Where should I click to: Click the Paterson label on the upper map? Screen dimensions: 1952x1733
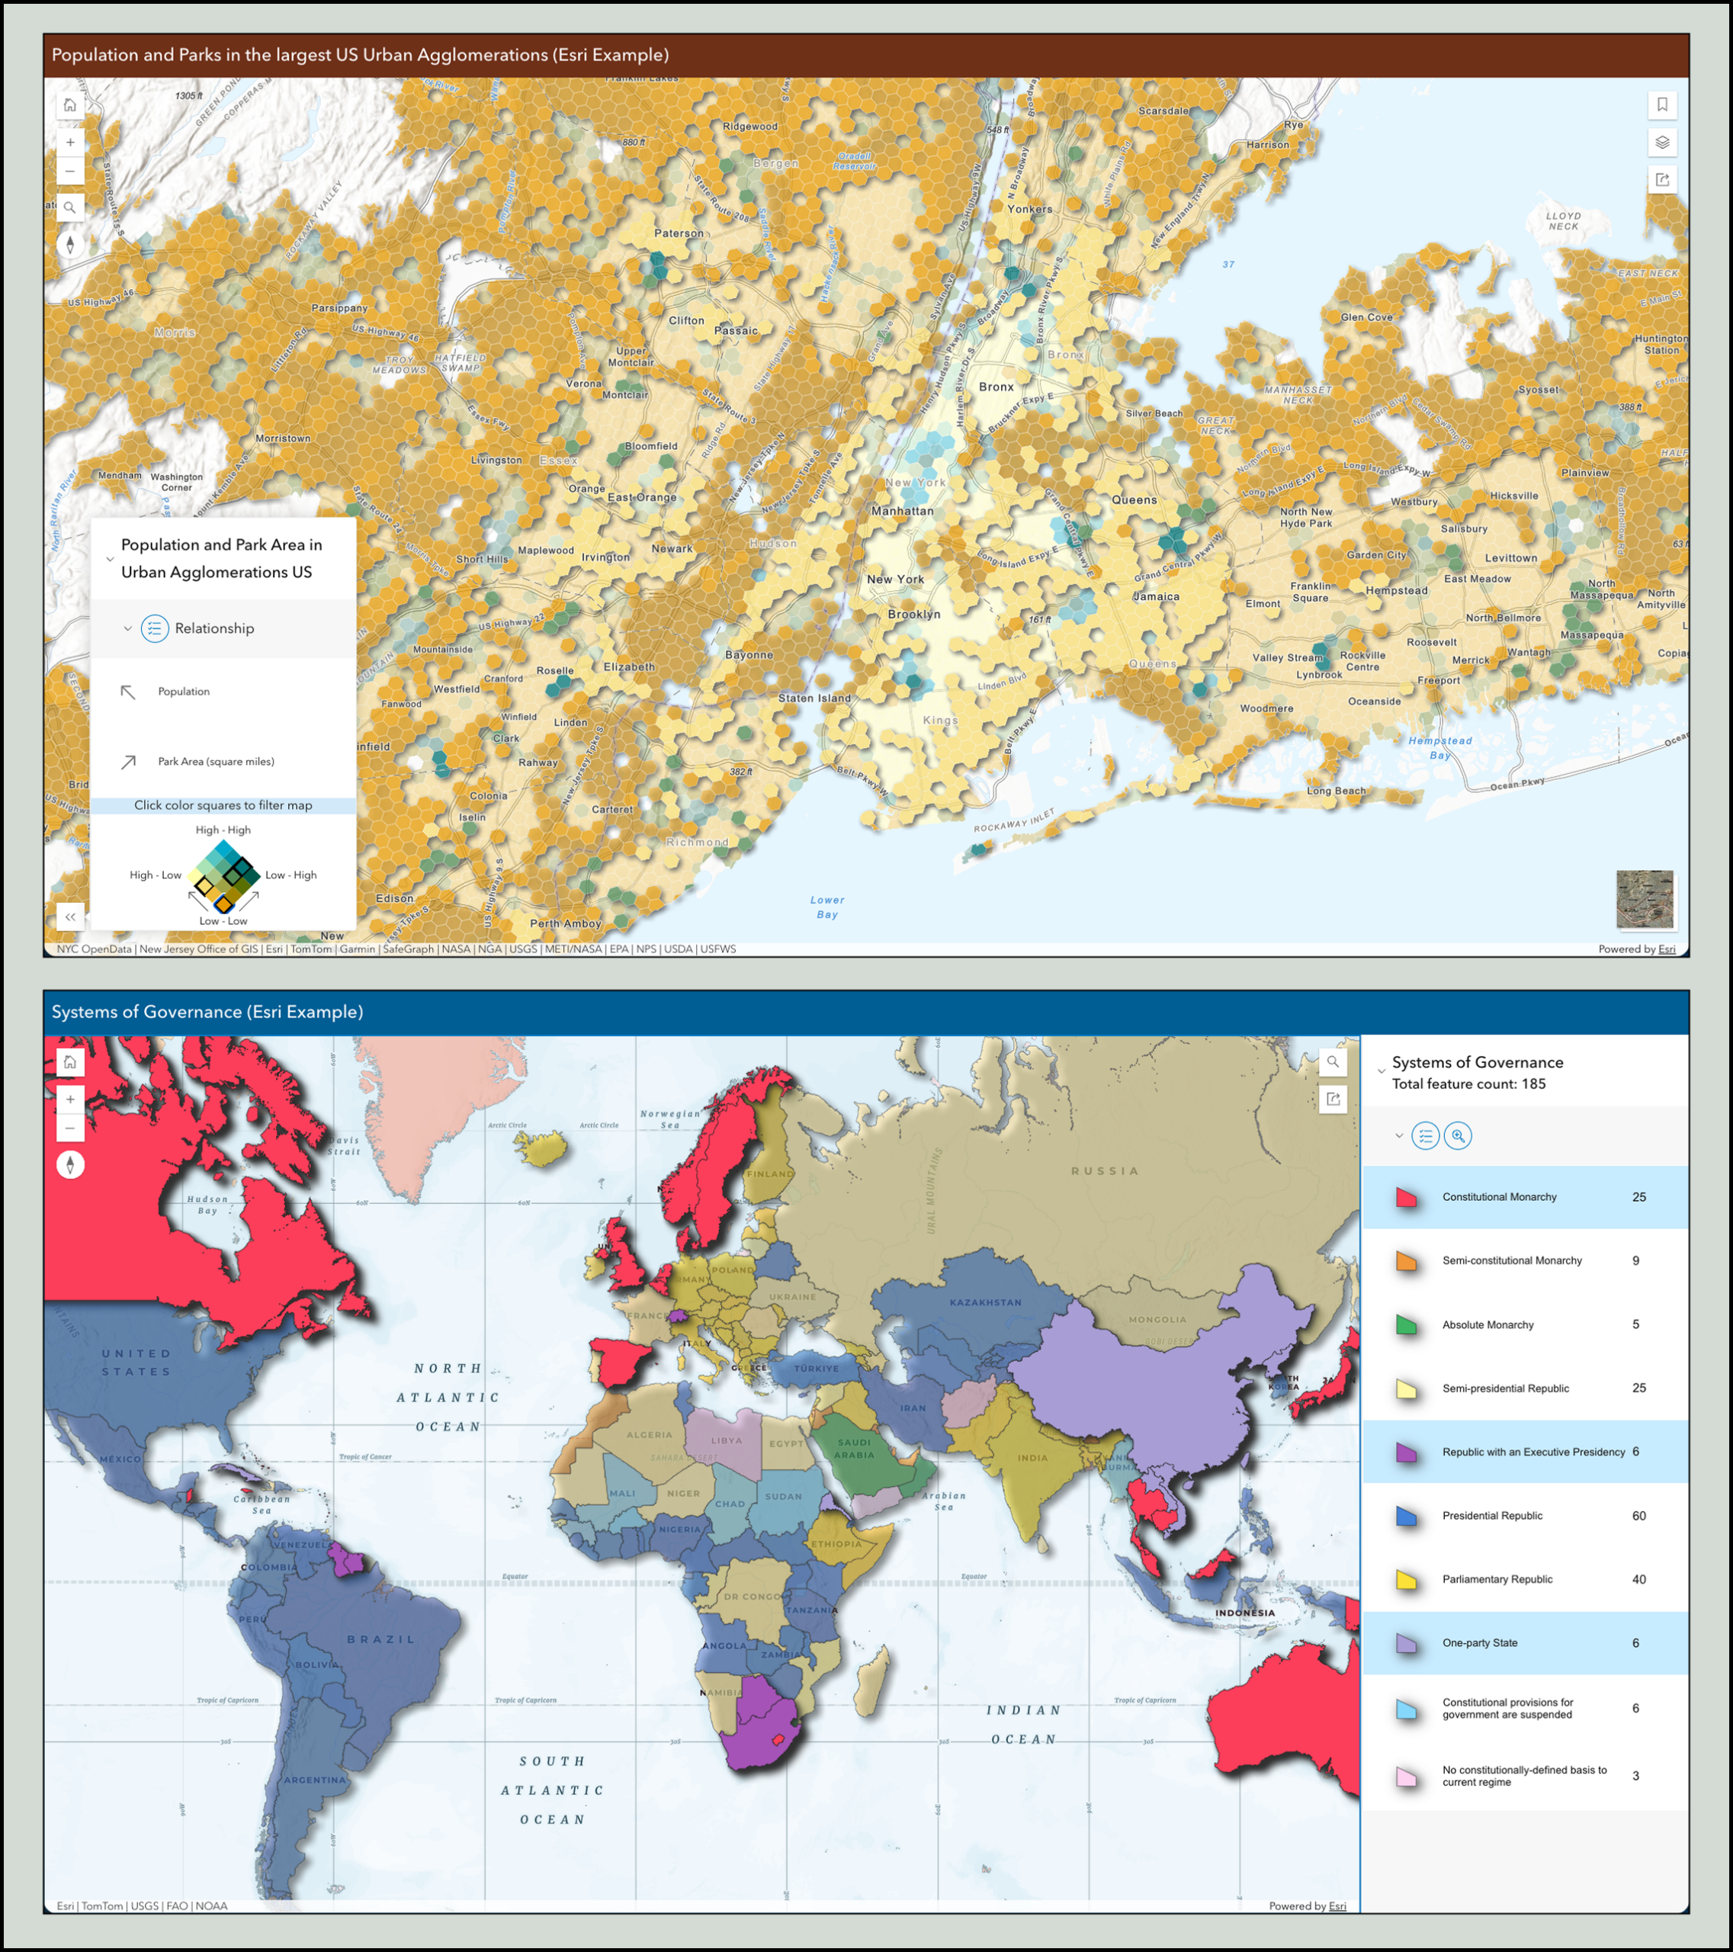[678, 233]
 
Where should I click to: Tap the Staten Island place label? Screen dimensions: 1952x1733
[814, 698]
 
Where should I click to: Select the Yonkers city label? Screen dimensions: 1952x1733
[1029, 209]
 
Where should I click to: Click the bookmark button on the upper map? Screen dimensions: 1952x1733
[1661, 105]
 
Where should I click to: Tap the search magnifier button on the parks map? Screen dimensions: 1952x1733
[69, 207]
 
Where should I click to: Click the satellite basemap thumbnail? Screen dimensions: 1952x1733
[1645, 899]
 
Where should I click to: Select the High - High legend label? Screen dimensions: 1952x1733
[223, 830]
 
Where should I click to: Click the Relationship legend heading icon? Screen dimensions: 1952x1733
[155, 628]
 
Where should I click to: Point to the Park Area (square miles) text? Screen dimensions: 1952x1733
[216, 761]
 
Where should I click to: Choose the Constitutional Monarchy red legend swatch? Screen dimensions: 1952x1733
[1405, 1198]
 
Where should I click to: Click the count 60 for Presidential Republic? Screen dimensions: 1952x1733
[1638, 1516]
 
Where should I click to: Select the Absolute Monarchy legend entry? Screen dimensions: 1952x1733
[1487, 1324]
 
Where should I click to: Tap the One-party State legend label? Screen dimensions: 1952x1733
[1479, 1642]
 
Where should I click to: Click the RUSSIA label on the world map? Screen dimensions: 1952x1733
[1105, 1170]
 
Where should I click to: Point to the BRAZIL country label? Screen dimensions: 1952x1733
[381, 1639]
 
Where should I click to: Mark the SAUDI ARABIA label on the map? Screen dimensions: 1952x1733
[854, 1449]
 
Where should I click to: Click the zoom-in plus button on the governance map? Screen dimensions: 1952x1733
[69, 1100]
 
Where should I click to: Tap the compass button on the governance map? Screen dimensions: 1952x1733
[69, 1165]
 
